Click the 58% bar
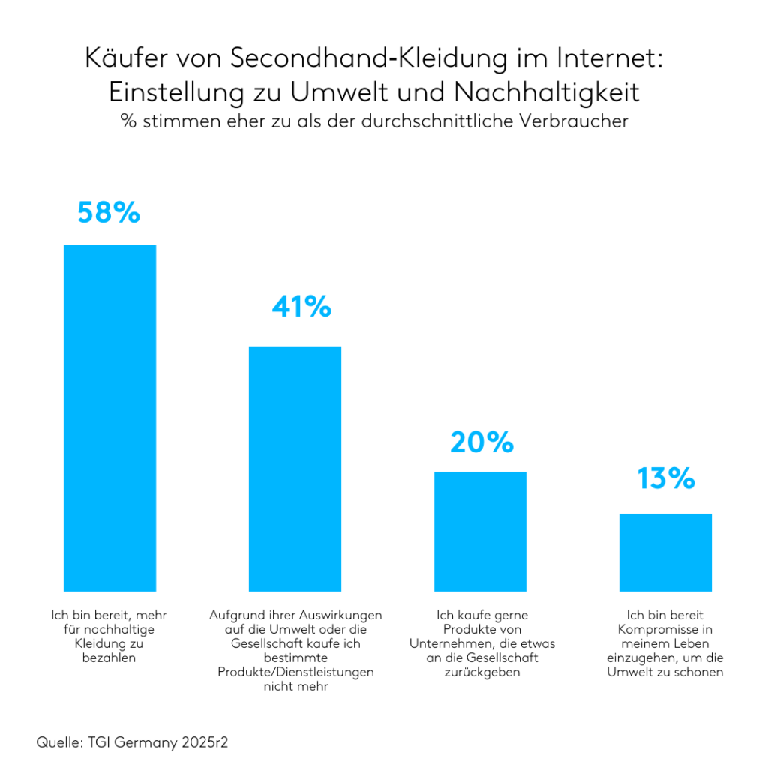tap(109, 418)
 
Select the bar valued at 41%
tap(295, 469)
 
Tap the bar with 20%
tap(480, 531)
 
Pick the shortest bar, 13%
tap(665, 552)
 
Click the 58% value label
tap(109, 212)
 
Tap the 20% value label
tap(481, 442)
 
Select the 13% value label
tap(666, 478)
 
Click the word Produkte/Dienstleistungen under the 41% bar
tap(295, 672)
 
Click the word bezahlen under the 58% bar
tap(109, 658)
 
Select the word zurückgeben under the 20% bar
tap(481, 672)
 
